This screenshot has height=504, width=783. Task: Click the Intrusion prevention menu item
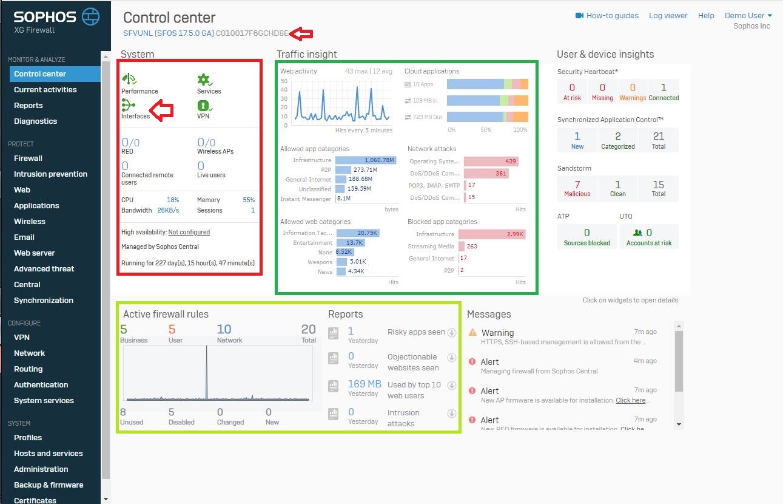(x=50, y=174)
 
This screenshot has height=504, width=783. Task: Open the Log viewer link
(x=668, y=16)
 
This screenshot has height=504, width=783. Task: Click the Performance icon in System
(x=129, y=80)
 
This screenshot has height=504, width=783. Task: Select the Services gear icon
(x=204, y=80)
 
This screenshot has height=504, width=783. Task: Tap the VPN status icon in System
(x=203, y=105)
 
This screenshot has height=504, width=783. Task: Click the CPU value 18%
(x=173, y=200)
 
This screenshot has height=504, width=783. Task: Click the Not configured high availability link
(x=189, y=232)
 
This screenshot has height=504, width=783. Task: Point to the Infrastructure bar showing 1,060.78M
(x=366, y=160)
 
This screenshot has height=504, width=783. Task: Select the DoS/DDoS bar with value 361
(x=486, y=174)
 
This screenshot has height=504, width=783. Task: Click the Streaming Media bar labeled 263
(x=462, y=247)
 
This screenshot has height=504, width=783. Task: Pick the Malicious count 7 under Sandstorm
(x=577, y=185)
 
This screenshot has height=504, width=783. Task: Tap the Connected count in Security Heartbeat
(x=664, y=88)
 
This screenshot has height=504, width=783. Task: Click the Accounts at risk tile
(x=648, y=236)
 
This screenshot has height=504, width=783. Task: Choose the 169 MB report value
(x=365, y=384)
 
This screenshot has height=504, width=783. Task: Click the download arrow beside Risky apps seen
(x=451, y=333)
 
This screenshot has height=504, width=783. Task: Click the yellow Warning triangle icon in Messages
(x=472, y=333)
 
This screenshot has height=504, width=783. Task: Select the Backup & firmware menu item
(x=49, y=485)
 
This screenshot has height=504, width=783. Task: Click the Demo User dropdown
(x=748, y=16)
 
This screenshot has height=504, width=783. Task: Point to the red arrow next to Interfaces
(x=162, y=110)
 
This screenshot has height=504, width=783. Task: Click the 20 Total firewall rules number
(x=308, y=330)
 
